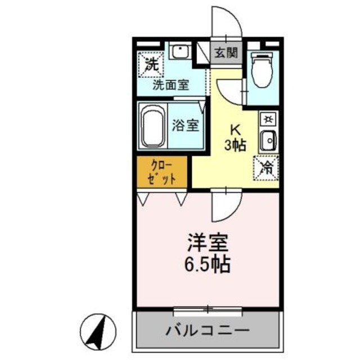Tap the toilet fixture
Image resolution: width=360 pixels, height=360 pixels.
(263, 70)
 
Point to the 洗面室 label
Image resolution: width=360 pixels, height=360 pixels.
(172, 85)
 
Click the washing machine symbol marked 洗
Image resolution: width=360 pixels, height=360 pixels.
(150, 64)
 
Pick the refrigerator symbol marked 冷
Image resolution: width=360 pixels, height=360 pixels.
(267, 166)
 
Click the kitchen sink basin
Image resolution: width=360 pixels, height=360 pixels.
(268, 139)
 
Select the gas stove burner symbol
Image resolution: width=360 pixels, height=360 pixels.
(268, 119)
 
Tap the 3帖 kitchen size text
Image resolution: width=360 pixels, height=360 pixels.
(235, 145)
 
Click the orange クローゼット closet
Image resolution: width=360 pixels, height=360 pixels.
(164, 173)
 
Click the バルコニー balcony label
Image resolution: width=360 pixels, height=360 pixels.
(207, 330)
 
